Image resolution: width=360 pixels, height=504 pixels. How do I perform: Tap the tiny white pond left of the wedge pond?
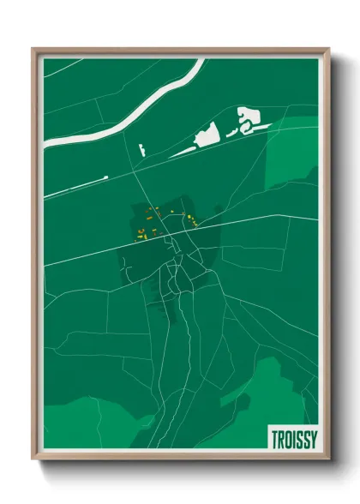[140, 150]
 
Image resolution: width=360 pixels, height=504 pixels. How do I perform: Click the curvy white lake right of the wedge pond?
[248, 119]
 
